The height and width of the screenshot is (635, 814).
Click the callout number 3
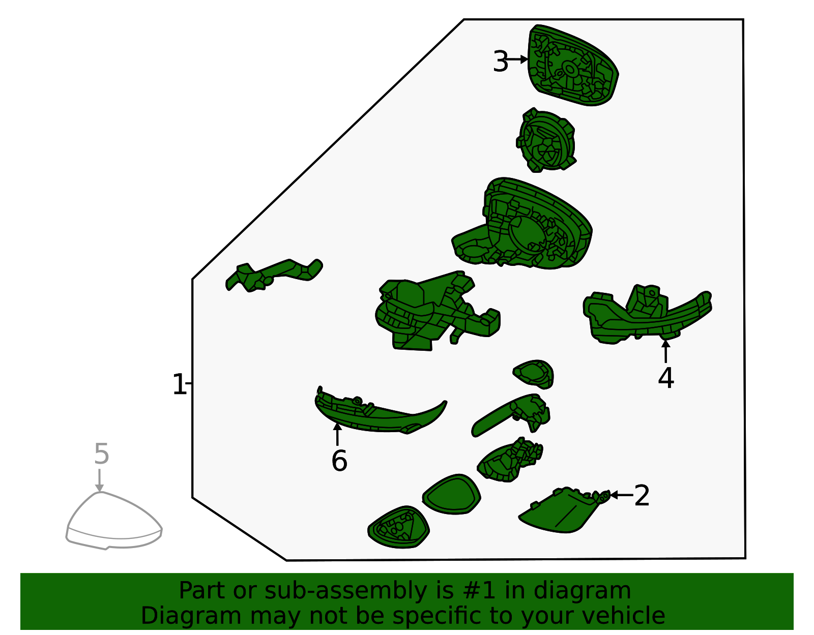[501, 62]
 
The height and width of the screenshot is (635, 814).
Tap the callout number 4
[665, 378]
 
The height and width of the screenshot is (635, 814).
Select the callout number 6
[339, 461]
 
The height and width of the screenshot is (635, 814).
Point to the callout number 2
[642, 496]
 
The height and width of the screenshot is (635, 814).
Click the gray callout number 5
[102, 455]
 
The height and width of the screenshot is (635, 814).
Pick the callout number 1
[179, 384]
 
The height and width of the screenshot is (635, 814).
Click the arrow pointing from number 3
[517, 59]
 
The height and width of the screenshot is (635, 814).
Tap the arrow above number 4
[665, 351]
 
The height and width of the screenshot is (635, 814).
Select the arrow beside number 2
[622, 495]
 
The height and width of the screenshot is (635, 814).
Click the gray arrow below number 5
[99, 480]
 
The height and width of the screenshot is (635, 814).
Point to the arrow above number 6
[337, 434]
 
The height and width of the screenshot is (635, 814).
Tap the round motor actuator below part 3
[546, 140]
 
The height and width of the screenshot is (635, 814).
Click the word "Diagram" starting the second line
[191, 616]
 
